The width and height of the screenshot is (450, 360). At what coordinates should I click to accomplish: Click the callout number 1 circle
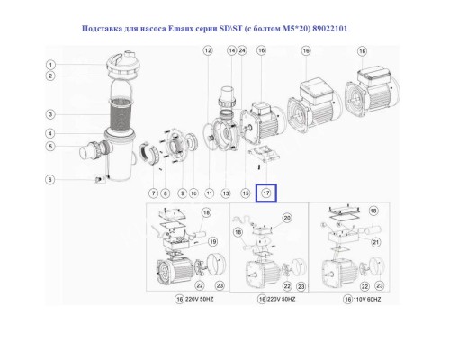(x=51, y=65)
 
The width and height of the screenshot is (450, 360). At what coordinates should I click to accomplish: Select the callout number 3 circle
(x=51, y=114)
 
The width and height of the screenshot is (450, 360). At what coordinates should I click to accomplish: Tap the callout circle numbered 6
(x=51, y=180)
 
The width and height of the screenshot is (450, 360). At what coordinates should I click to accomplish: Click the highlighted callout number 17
(x=265, y=193)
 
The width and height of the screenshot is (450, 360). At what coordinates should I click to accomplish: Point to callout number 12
(x=208, y=52)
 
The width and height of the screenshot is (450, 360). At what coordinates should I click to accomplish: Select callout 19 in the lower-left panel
(x=212, y=242)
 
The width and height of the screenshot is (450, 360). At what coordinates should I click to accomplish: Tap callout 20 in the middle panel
(x=287, y=219)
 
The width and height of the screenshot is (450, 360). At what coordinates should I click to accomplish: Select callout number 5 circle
(x=51, y=147)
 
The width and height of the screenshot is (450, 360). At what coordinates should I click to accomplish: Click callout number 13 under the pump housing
(x=225, y=193)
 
